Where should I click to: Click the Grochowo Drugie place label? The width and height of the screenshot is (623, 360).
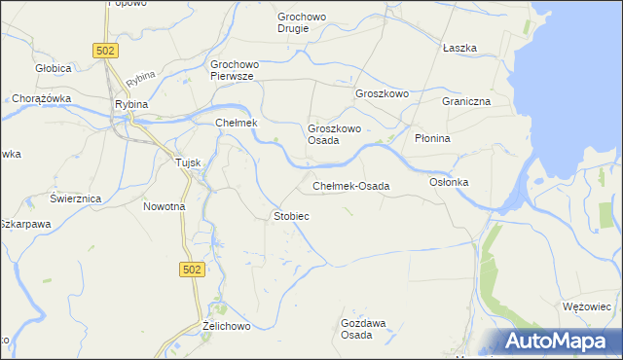[307, 22]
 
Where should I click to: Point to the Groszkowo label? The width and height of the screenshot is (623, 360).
[382, 93]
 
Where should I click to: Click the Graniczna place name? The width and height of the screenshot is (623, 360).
[464, 101]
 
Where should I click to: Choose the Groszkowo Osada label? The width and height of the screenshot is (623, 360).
[336, 134]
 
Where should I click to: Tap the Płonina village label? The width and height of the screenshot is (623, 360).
[432, 138]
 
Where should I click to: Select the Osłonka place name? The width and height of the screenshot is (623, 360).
[450, 182]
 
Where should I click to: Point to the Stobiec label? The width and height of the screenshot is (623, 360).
[291, 215]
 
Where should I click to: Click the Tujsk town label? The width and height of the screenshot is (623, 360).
[187, 162]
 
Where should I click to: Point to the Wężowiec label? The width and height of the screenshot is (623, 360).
[586, 306]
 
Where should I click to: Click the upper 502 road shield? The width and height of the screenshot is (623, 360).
[106, 50]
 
